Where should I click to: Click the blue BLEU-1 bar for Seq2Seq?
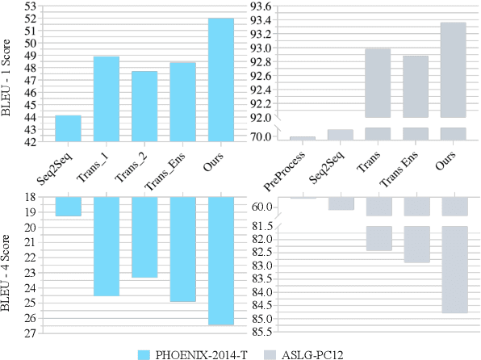[68, 128]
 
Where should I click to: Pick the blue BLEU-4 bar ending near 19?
[68, 207]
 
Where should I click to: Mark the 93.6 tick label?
[260, 6]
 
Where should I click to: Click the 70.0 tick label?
[260, 137]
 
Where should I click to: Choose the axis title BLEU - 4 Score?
[8, 273]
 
